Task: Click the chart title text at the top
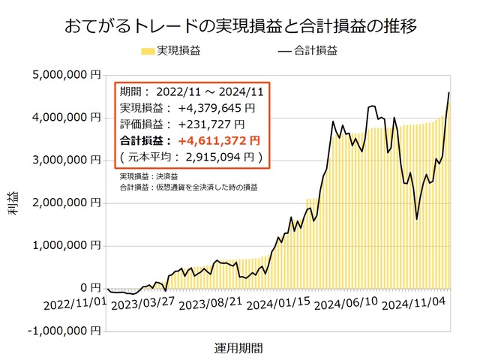click(x=240, y=25)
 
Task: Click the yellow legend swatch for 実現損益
click(x=147, y=52)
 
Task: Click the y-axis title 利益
click(x=15, y=204)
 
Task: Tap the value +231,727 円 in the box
click(x=211, y=124)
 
